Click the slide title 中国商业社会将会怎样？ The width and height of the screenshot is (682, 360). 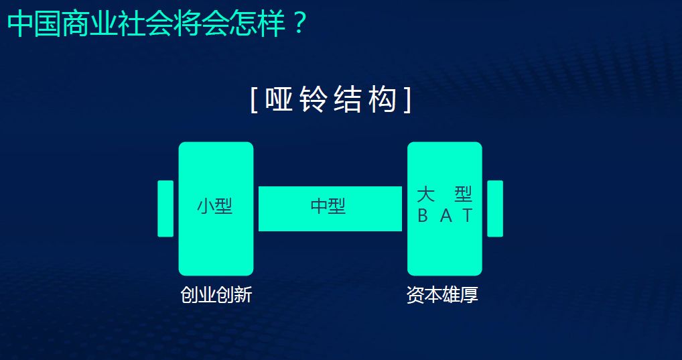tap(157, 25)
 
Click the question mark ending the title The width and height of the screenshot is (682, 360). tap(299, 25)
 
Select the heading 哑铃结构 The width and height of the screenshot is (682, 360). tap(331, 101)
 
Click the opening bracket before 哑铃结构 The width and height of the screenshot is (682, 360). tap(254, 101)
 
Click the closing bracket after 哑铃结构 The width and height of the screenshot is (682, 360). tap(407, 101)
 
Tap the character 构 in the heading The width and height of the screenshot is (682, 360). tap(383, 101)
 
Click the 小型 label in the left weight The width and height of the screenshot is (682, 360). tap(215, 206)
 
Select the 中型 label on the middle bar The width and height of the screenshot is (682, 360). tap(328, 206)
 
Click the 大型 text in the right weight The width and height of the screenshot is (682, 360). tap(445, 195)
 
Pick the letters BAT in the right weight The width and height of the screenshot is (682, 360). tap(445, 216)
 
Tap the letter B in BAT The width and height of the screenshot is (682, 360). tap(423, 216)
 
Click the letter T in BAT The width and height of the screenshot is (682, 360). tap(468, 216)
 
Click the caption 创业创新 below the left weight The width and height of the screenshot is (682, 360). tap(216, 295)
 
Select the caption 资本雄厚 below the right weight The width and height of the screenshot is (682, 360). tap(442, 295)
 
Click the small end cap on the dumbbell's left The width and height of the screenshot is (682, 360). tap(165, 208)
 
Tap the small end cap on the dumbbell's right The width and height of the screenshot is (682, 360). tap(495, 208)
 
